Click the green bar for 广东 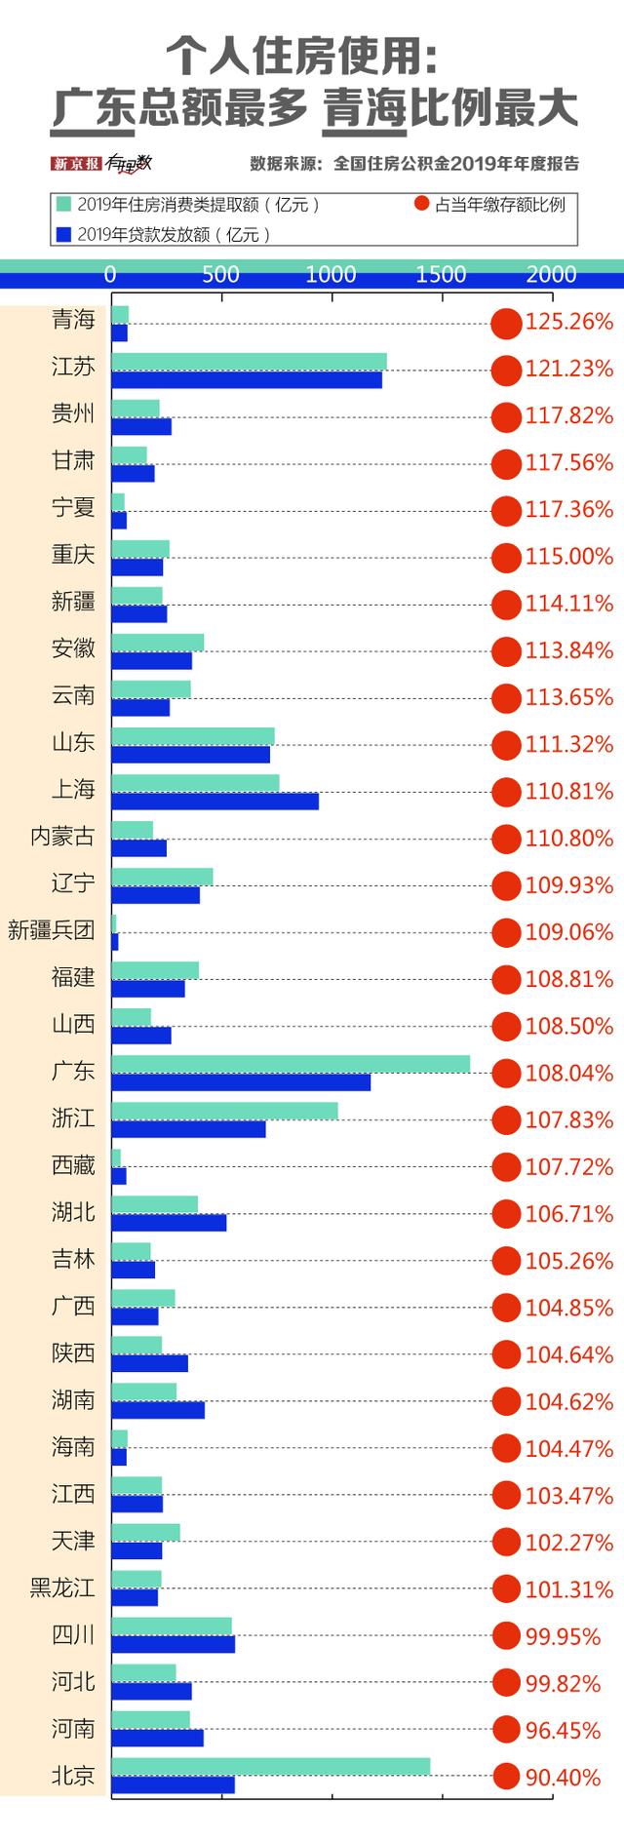(x=291, y=1064)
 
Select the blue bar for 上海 (x=214, y=802)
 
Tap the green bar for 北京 (x=271, y=1767)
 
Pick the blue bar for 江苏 (x=247, y=379)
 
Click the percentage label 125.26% (x=569, y=322)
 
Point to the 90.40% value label (x=563, y=1778)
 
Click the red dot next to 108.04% (x=506, y=1074)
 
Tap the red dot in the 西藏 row (x=506, y=1167)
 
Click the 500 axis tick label (x=220, y=275)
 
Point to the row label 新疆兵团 (x=51, y=930)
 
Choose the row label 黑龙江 (x=62, y=1587)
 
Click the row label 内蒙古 (x=62, y=837)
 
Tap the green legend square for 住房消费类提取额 (x=64, y=204)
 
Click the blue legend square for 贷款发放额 (x=64, y=234)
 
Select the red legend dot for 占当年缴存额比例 (x=421, y=204)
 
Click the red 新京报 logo (x=76, y=164)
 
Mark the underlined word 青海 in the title (x=365, y=108)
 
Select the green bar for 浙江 (x=224, y=1111)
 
